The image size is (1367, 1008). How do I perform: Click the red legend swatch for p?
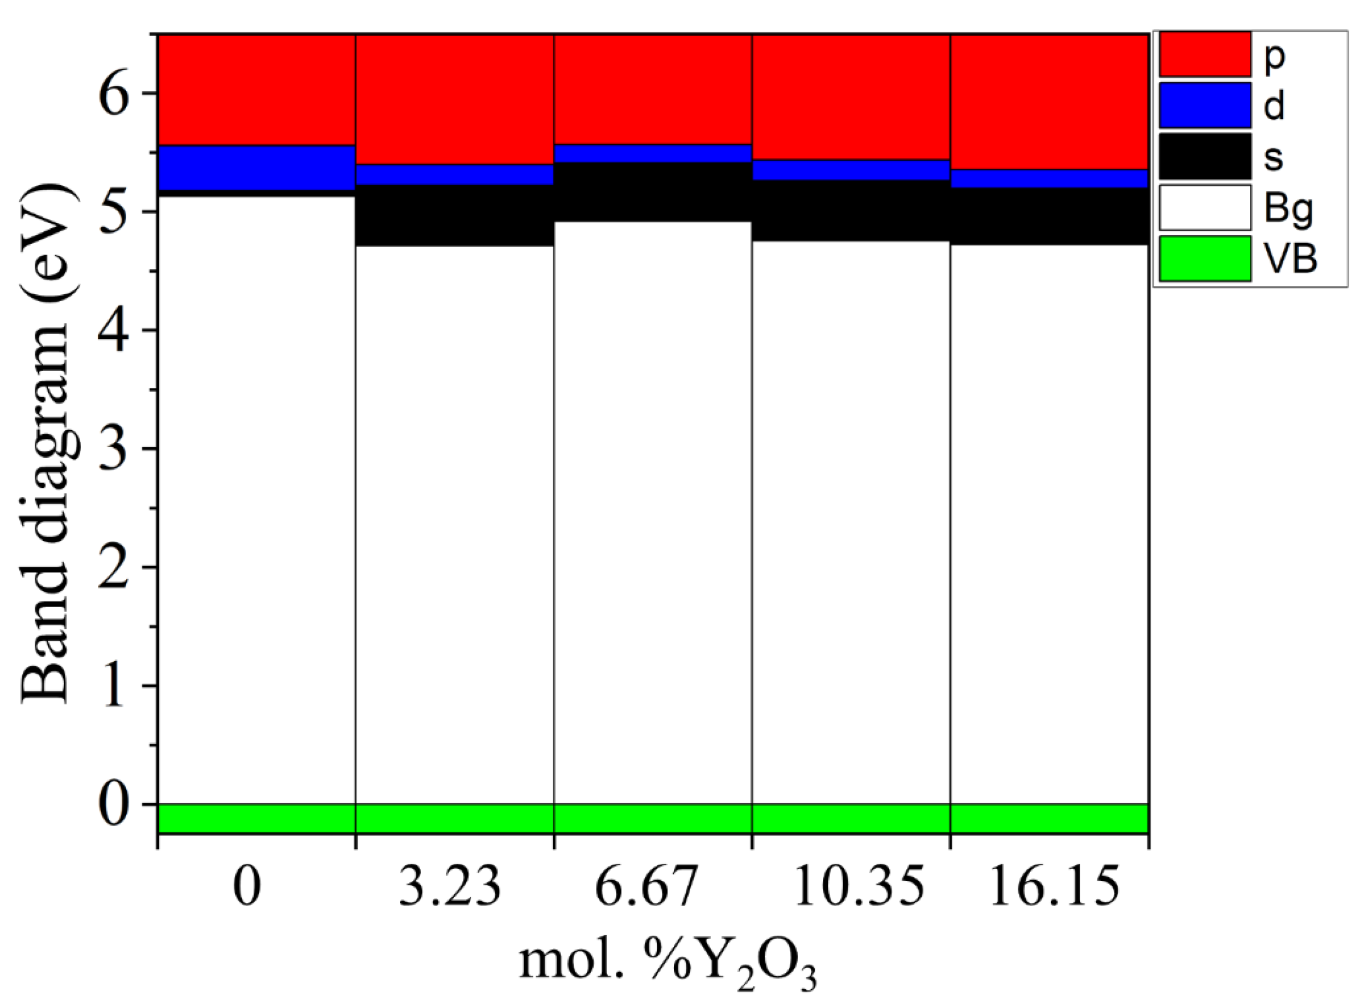1205,54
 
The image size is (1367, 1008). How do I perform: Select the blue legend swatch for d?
1205,105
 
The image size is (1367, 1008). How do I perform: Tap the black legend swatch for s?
1205,156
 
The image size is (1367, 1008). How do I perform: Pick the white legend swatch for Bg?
1205,208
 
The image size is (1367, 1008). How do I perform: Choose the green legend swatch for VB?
1205,259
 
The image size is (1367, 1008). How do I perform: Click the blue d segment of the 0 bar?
256,168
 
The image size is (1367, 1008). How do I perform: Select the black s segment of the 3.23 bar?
455,215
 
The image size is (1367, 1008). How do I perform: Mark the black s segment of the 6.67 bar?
653,192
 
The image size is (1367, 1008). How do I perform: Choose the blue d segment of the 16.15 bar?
1049,178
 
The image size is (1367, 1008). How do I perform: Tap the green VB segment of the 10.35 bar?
851,819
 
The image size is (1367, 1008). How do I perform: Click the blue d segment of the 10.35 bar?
851,169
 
